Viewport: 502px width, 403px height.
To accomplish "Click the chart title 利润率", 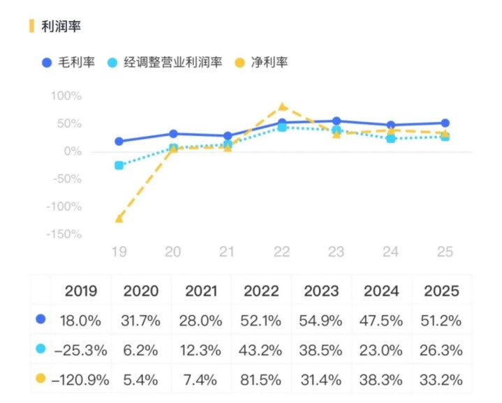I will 61,26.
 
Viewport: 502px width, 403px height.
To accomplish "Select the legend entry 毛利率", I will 78,62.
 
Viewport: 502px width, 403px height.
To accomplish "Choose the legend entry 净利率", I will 269,62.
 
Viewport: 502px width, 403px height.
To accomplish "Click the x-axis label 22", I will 281,252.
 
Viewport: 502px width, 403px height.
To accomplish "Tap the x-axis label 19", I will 119,252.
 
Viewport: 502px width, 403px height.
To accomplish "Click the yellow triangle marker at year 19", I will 119,218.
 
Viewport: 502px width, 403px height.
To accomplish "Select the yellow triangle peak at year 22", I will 282,107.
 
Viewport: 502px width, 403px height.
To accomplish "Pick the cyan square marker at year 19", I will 119,165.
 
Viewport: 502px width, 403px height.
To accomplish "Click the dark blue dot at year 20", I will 173,134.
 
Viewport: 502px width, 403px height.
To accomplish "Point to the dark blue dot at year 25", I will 445,123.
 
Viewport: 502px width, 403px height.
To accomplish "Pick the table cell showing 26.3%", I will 441,351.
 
